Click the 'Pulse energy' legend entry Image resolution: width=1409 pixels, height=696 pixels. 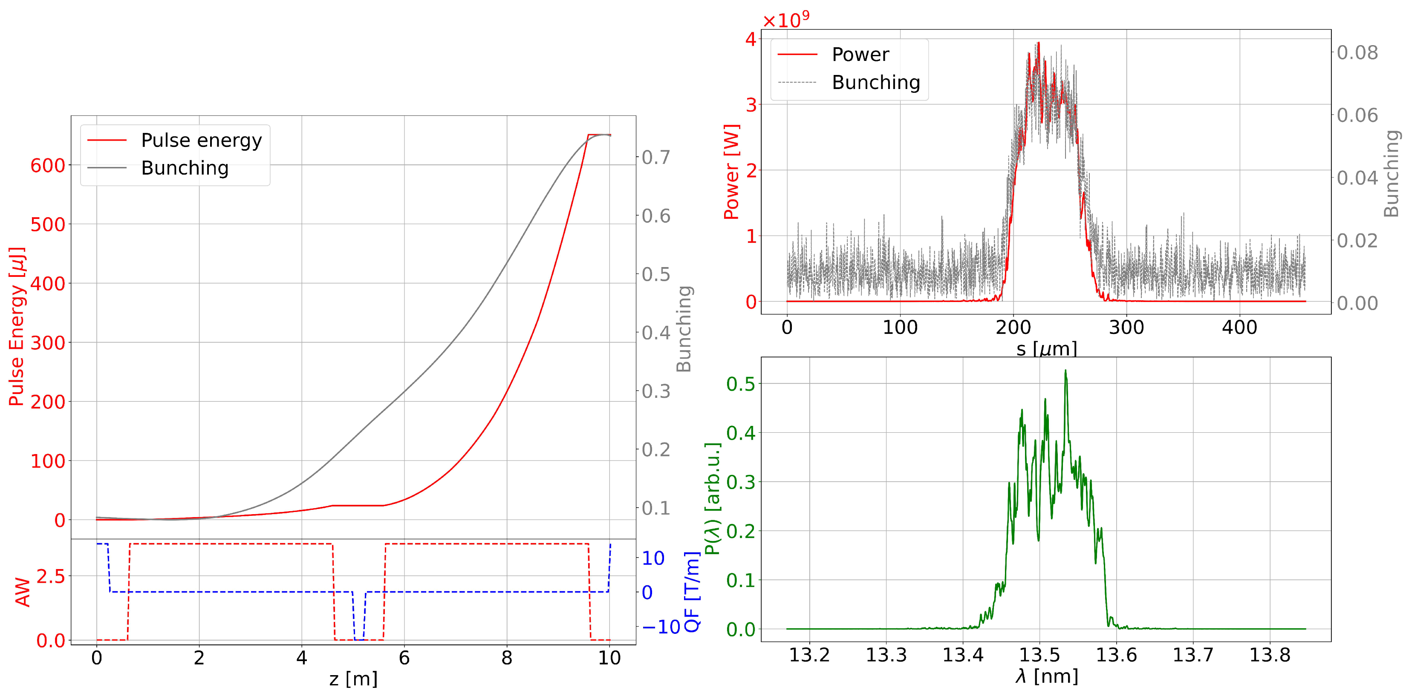201,141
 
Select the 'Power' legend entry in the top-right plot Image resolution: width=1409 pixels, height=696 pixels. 860,55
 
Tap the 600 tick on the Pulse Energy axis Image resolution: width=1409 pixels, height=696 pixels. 48,166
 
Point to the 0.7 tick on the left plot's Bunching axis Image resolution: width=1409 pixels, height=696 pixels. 656,158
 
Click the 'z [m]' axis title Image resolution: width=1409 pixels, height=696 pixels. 353,679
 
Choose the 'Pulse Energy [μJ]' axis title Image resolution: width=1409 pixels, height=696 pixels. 17,326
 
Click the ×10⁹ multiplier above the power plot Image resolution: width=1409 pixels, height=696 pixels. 785,20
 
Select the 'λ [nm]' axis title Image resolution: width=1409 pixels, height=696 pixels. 1046,677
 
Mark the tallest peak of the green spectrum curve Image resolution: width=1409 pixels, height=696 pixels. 1065,371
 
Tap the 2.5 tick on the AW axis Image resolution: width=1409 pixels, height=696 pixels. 51,576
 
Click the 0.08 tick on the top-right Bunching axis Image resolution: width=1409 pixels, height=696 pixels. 1357,53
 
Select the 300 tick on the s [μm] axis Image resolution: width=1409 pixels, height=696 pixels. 1126,328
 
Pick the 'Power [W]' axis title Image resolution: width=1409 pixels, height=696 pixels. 731,172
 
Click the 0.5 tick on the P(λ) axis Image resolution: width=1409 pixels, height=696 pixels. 741,384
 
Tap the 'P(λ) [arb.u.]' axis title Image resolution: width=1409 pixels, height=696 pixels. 713,499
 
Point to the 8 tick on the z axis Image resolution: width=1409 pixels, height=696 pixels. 506,658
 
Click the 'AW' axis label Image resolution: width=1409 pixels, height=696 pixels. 23,592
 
